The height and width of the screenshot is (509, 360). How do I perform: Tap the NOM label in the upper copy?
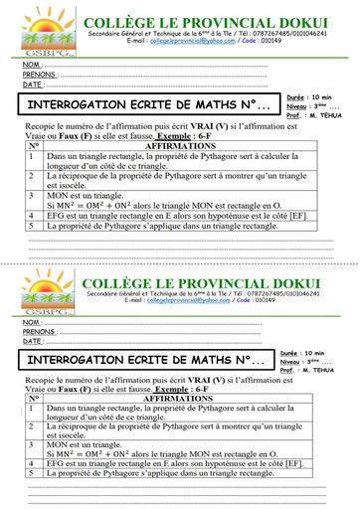(x=32, y=65)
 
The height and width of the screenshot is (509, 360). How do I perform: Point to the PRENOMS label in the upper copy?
(x=39, y=75)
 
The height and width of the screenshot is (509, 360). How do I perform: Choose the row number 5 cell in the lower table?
(x=32, y=473)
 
